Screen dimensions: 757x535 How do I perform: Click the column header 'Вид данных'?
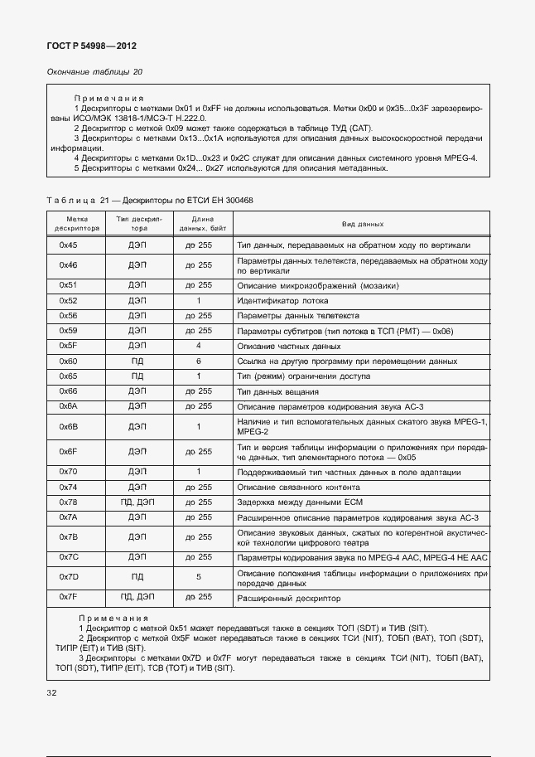pyautogui.click(x=362, y=225)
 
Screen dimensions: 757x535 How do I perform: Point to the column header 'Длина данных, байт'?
pyautogui.click(x=199, y=225)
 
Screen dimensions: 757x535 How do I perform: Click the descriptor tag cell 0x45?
pyautogui.click(x=68, y=246)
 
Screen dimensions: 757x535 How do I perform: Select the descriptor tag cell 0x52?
pyautogui.click(x=68, y=300)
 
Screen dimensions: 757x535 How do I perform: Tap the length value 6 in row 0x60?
pyautogui.click(x=199, y=362)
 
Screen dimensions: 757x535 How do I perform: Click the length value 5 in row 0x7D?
pyautogui.click(x=199, y=576)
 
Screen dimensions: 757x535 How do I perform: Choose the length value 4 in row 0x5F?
pyautogui.click(x=199, y=346)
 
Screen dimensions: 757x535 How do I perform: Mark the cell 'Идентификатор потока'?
pyautogui.click(x=282, y=300)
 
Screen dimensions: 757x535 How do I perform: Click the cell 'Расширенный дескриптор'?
pyautogui.click(x=288, y=597)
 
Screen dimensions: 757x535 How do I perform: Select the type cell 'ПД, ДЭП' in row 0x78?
pyautogui.click(x=137, y=502)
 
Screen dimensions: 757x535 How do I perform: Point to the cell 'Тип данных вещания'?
pyautogui.click(x=279, y=391)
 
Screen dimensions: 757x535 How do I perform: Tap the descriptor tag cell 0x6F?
pyautogui.click(x=68, y=451)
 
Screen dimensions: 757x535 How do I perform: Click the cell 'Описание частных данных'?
pyautogui.click(x=288, y=346)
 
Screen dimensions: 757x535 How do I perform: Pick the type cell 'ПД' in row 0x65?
pyautogui.click(x=137, y=376)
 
